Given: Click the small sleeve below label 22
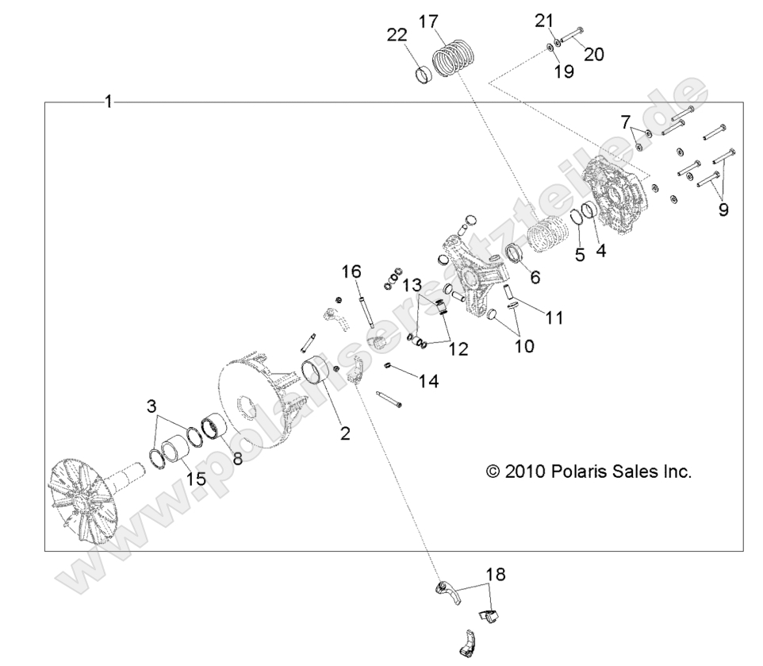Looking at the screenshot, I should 428,75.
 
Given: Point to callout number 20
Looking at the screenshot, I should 594,54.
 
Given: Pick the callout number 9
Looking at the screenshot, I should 723,210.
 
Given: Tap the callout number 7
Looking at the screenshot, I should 626,122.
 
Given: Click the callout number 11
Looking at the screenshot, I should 553,318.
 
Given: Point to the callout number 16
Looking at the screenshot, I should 351,272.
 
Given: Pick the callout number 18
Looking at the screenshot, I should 495,573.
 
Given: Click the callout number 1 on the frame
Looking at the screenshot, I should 109,102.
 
